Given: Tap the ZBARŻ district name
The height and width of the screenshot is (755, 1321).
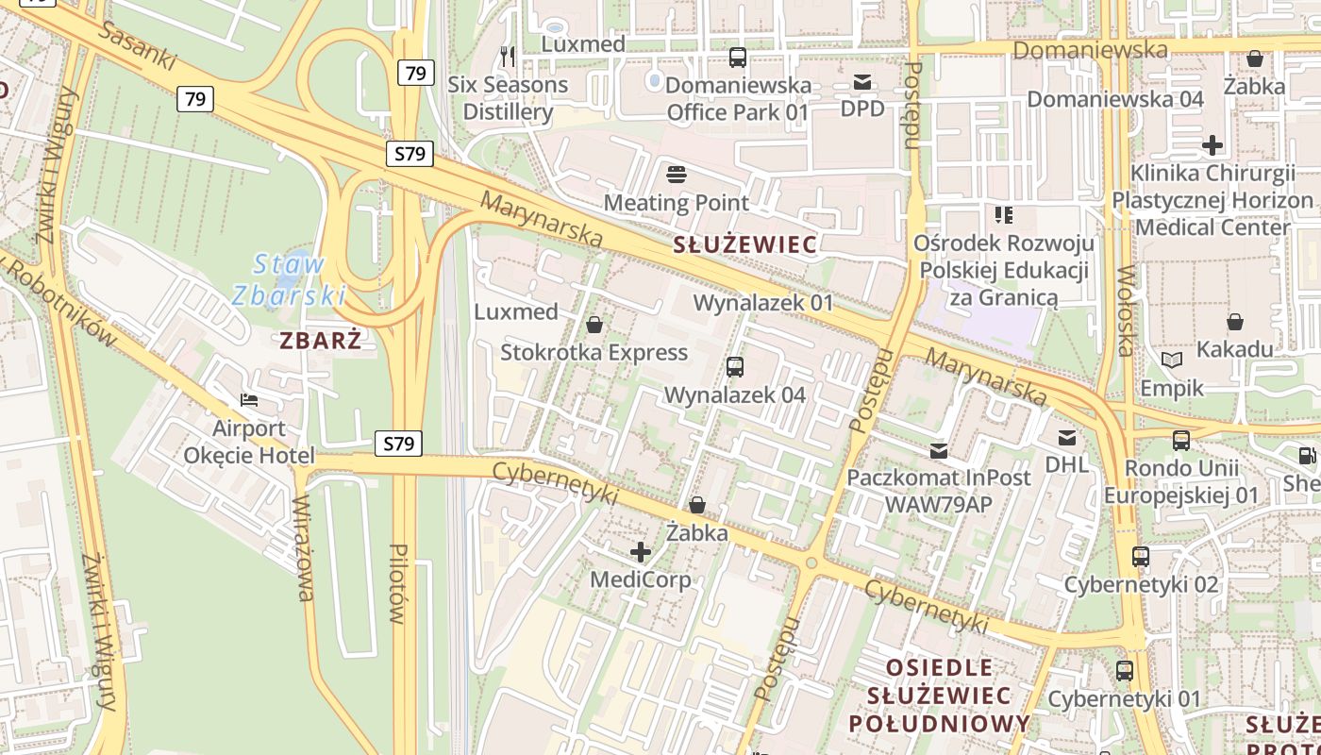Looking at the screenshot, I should [321, 340].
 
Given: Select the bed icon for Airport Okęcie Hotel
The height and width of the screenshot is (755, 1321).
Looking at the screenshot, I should [248, 400].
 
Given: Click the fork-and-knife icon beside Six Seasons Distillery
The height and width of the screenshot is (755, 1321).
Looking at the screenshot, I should [509, 57].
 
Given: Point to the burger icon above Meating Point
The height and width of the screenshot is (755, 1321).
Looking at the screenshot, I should [676, 174].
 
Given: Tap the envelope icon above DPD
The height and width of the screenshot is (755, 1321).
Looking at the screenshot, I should [862, 82].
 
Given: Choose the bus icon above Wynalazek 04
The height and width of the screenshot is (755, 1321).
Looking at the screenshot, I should [735, 366].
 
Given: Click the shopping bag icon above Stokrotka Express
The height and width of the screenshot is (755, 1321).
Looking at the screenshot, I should [594, 326].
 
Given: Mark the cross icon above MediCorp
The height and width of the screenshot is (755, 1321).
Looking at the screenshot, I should [641, 551].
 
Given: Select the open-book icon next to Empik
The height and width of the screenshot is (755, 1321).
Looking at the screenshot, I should [1172, 361].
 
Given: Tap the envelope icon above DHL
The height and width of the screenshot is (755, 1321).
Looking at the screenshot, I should [1067, 437].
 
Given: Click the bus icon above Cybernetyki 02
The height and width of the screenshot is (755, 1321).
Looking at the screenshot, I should [1141, 557].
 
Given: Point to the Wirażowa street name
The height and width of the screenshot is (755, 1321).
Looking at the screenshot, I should [303, 547].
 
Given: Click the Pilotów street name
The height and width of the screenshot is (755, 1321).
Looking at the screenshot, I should [397, 583].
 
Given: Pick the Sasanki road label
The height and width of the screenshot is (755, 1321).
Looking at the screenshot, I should [137, 45].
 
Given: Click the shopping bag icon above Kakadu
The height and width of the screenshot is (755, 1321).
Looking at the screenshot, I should [1234, 322].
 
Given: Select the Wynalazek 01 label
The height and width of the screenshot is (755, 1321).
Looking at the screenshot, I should [763, 303].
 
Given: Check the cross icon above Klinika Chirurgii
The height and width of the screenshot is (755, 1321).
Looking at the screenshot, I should [1212, 145].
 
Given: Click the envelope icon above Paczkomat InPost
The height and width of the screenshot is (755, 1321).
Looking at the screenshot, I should [938, 450].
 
